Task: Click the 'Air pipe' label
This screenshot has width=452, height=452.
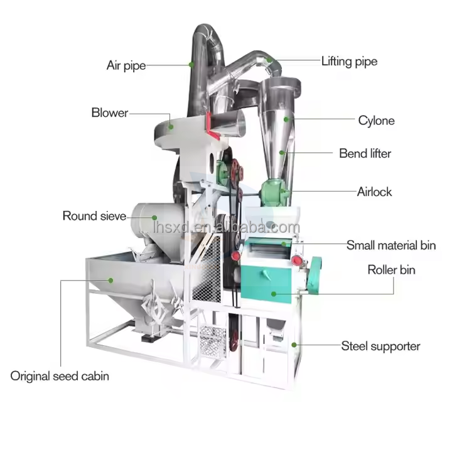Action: click(x=126, y=65)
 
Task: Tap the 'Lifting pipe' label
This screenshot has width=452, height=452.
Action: click(x=349, y=62)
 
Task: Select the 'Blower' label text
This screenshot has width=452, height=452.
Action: click(x=109, y=113)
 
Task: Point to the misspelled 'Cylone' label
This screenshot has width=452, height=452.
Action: click(x=376, y=121)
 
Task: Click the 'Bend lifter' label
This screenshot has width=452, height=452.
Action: click(x=365, y=153)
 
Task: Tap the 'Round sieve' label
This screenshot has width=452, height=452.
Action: click(x=94, y=216)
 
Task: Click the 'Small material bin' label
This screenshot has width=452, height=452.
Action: click(x=391, y=245)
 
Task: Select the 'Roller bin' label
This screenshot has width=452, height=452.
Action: click(x=391, y=271)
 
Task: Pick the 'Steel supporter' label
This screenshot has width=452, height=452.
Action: click(x=380, y=346)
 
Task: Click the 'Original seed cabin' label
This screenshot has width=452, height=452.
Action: click(x=60, y=376)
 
